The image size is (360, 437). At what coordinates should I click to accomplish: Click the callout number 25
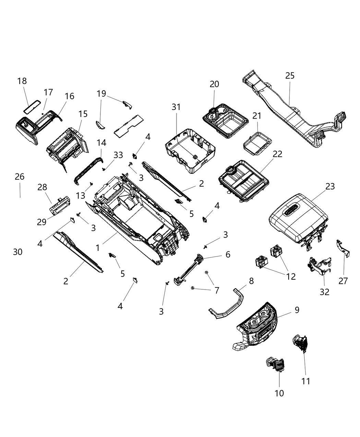click(290, 75)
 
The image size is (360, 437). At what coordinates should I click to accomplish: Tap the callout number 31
click(176, 107)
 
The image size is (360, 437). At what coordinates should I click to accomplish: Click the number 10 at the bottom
click(279, 393)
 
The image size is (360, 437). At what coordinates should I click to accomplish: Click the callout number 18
click(22, 81)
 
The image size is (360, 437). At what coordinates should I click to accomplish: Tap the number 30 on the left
click(18, 252)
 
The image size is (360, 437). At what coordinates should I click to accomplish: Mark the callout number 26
click(20, 177)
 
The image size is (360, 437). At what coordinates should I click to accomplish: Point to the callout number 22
click(277, 154)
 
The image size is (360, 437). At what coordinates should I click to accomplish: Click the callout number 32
click(324, 292)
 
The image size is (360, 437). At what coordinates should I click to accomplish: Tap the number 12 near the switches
click(291, 276)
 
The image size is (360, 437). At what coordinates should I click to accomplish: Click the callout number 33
click(118, 155)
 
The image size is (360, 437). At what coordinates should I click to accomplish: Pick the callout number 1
click(98, 247)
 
